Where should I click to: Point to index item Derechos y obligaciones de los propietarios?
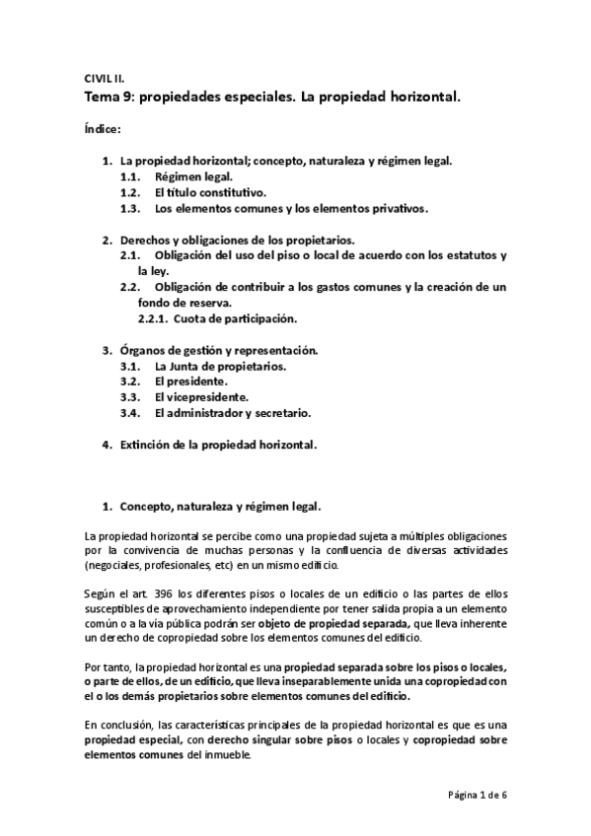tap(237, 240)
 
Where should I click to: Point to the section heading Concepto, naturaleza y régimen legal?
tap(220, 507)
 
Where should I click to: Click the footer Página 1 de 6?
tap(477, 796)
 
